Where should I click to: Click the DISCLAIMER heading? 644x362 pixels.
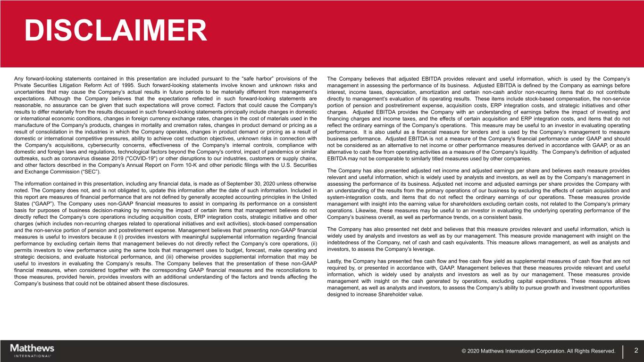[x=116, y=31]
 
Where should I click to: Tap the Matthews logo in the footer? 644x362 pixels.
[x=32, y=350]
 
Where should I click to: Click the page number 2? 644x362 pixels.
[x=636, y=350]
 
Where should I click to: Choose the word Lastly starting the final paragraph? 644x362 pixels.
[x=335, y=261]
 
